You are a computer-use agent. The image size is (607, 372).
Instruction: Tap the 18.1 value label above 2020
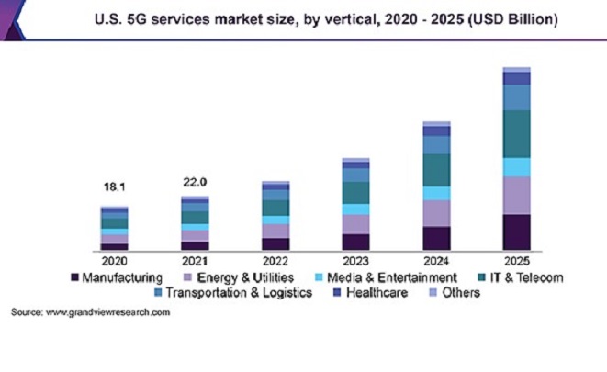pos(115,187)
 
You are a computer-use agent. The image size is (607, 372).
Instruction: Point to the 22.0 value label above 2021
pos(195,182)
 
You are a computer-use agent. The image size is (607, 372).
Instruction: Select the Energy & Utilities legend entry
pos(242,276)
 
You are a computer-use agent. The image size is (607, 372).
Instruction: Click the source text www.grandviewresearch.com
pos(90,313)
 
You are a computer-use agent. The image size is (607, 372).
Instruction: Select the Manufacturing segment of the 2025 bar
pos(516,232)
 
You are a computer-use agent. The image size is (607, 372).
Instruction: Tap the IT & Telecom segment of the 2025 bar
pos(516,134)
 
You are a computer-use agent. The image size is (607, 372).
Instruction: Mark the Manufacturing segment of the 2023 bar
pos(355,242)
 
